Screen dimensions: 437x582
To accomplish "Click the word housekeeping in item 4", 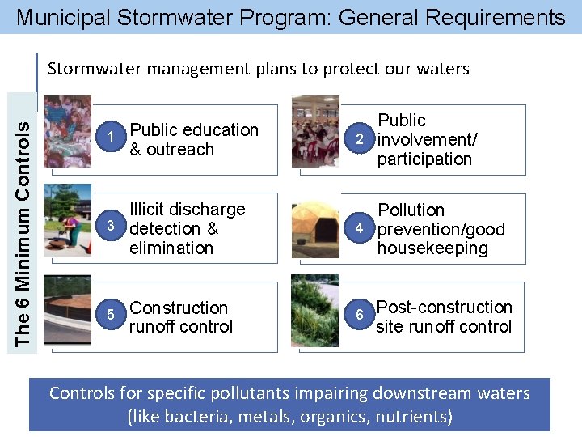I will (x=432, y=248).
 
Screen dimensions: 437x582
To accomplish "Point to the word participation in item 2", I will (x=424, y=159).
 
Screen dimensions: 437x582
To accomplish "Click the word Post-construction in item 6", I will (x=445, y=308).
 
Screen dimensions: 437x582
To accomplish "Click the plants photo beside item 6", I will (x=315, y=311).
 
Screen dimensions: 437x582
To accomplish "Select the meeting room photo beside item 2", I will (x=315, y=131).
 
